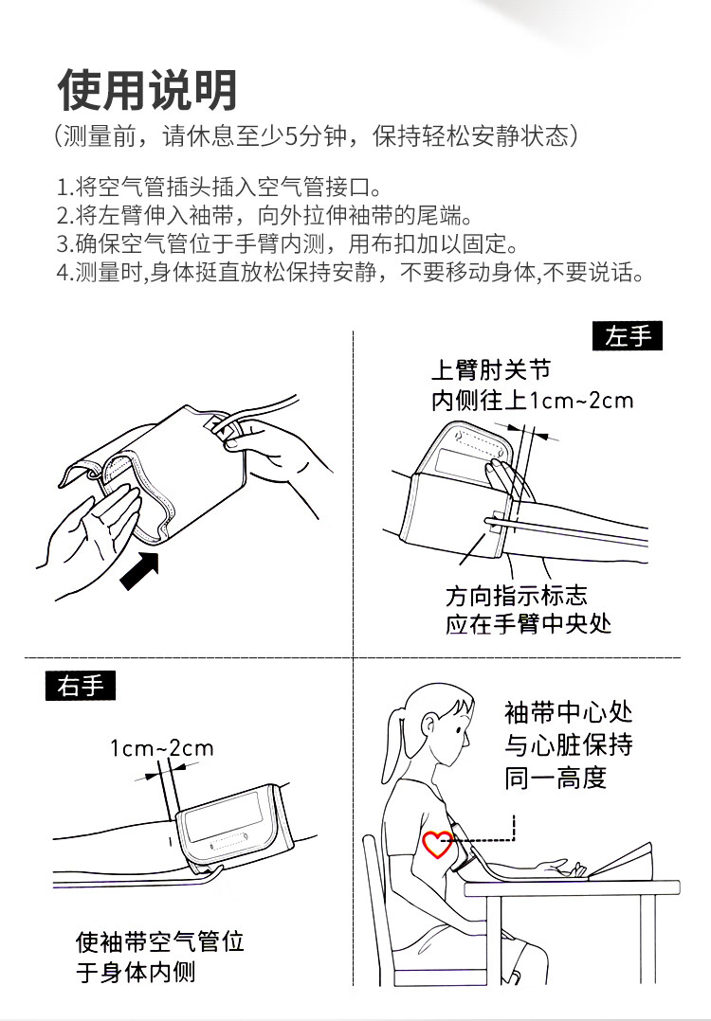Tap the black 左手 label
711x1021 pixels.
point(627,336)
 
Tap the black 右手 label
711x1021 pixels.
point(81,686)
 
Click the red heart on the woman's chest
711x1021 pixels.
point(437,844)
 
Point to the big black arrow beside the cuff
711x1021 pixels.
point(139,570)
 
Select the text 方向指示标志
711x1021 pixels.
point(516,595)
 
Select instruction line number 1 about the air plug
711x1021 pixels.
point(219,188)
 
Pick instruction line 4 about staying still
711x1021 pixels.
point(350,272)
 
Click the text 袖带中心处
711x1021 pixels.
point(568,712)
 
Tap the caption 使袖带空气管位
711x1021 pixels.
point(159,941)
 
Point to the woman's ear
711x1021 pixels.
point(429,725)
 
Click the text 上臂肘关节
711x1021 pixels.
point(491,369)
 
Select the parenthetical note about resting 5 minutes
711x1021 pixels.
point(316,136)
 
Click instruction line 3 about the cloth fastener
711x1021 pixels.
point(288,244)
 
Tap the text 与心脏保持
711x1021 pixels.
point(568,744)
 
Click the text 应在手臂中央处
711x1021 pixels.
point(529,624)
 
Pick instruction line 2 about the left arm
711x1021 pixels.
point(264,216)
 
